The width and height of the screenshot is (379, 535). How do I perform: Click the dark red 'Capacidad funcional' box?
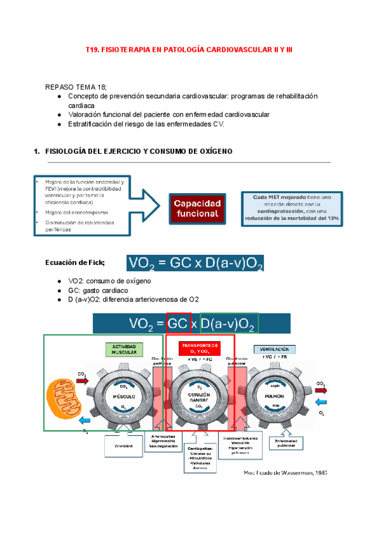tap(198, 208)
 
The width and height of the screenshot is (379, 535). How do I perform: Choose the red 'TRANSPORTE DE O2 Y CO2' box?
tap(200, 349)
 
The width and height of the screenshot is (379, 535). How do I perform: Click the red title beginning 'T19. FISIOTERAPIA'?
tap(189, 49)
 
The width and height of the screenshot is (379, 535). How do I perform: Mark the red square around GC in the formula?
tap(179, 323)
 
